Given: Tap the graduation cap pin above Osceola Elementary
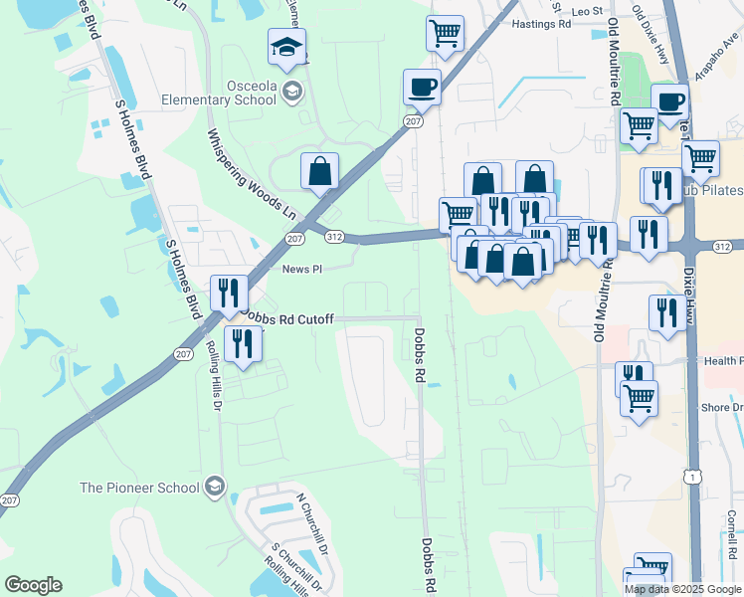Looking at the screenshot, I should click(x=287, y=48).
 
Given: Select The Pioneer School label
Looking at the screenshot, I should click(x=141, y=488).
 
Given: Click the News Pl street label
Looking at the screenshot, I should click(x=302, y=269).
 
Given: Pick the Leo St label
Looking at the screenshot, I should click(x=588, y=11).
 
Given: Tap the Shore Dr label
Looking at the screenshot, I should click(x=722, y=408).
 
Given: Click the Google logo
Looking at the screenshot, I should click(x=33, y=585).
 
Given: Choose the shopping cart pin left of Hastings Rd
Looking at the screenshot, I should click(x=445, y=32).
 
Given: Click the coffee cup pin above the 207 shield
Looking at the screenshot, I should click(x=423, y=87).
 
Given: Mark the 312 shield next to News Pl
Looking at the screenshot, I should click(x=334, y=237).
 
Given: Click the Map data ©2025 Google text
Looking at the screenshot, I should click(x=682, y=589).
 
